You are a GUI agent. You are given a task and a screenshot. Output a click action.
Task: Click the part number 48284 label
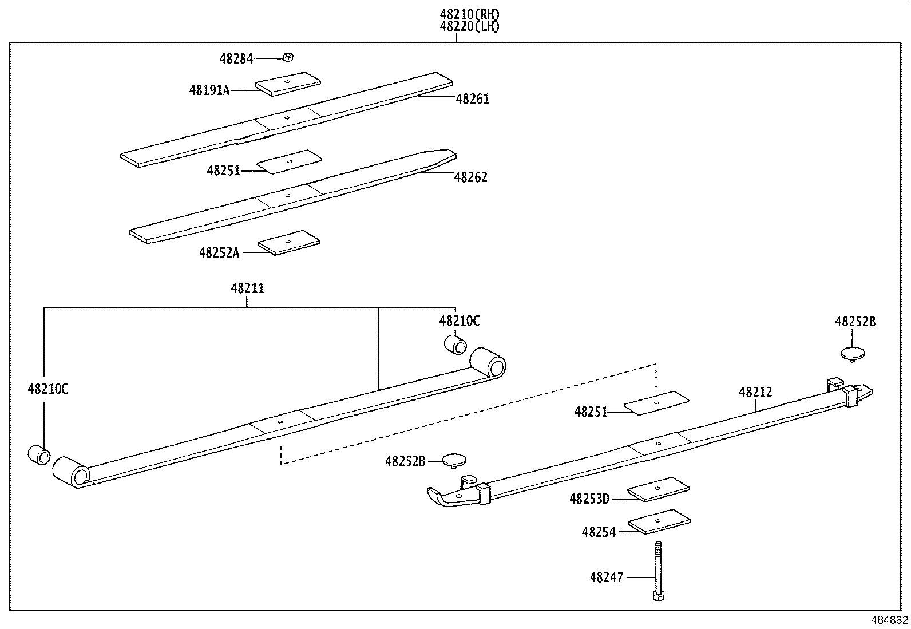(x=236, y=58)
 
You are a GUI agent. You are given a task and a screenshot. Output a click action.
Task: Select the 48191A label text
(x=209, y=90)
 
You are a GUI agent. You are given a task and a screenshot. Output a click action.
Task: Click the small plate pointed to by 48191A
(x=288, y=84)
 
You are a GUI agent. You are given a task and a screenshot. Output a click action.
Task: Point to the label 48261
(x=472, y=99)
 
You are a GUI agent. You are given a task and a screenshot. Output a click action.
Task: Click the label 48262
(x=470, y=177)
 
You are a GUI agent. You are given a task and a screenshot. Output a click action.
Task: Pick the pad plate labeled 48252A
(x=289, y=243)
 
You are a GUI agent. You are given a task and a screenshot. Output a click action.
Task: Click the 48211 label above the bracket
(x=247, y=288)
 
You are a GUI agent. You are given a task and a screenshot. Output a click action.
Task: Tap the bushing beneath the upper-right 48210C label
(x=456, y=344)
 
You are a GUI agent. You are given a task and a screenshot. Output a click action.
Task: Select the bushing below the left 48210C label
(x=39, y=455)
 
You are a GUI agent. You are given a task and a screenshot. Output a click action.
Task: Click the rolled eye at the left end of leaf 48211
(x=72, y=472)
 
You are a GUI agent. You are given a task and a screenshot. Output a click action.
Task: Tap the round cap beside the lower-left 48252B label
(x=455, y=459)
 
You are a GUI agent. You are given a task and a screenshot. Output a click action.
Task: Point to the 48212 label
(x=755, y=393)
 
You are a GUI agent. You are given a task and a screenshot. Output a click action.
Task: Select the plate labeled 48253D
(x=659, y=489)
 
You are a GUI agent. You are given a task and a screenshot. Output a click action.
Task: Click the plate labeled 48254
(x=659, y=522)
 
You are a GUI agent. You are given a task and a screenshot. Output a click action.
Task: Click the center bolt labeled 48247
(x=658, y=569)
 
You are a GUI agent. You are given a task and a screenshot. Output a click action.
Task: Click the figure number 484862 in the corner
(x=889, y=620)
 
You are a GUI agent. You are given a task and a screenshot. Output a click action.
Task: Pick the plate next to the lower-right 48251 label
(x=656, y=403)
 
